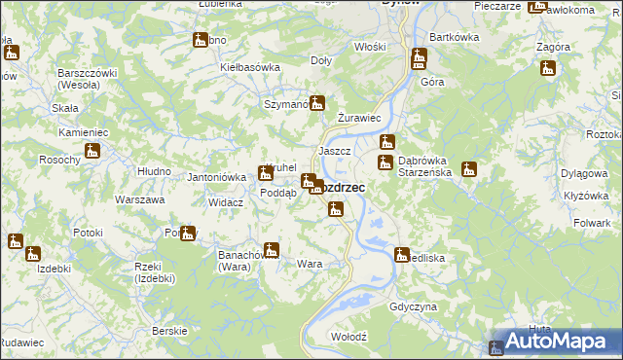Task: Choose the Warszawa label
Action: point(139,199)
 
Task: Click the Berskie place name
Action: point(169,331)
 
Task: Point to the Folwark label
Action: point(592,223)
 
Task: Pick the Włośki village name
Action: point(370,46)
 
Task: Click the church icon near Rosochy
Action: point(92,151)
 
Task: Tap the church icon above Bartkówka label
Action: point(419,57)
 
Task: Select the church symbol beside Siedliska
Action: point(401,255)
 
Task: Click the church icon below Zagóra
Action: point(548,68)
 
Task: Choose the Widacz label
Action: point(225,201)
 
